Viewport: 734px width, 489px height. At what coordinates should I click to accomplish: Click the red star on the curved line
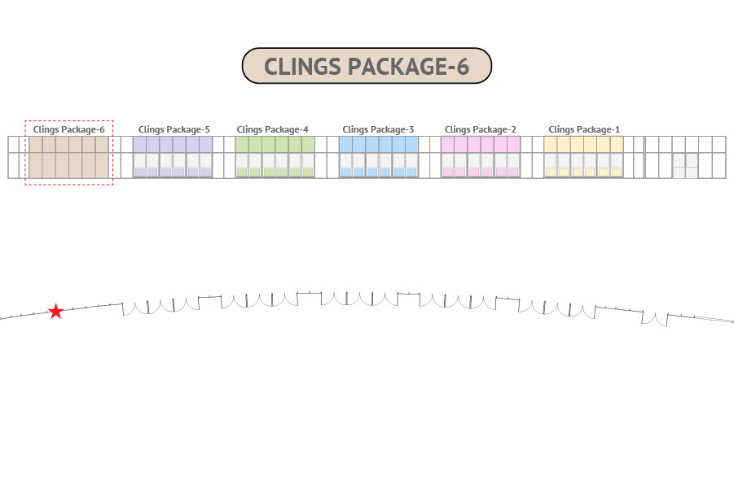tap(55, 311)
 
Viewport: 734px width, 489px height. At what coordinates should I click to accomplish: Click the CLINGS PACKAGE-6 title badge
tap(367, 65)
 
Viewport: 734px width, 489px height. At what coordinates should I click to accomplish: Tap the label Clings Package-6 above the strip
tap(68, 129)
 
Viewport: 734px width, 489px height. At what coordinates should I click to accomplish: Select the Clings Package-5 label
tap(174, 129)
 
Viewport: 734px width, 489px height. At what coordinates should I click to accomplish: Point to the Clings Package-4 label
tap(272, 129)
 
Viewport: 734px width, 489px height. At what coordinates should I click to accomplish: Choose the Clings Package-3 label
tap(378, 129)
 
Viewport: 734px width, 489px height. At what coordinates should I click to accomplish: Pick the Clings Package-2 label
tap(481, 129)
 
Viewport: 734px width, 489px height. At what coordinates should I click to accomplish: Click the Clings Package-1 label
tap(584, 129)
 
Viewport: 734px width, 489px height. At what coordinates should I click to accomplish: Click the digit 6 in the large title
tap(463, 67)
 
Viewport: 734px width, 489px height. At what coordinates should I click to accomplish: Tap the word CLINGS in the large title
tap(302, 67)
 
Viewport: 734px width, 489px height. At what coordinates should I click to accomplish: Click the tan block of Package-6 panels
tap(68, 157)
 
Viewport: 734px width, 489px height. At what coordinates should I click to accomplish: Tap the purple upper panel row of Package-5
tap(173, 145)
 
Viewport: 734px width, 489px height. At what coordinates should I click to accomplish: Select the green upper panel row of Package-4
tap(275, 145)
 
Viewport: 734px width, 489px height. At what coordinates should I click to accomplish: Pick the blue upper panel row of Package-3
tap(379, 145)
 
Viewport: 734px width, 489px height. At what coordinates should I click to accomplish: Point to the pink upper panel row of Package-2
tap(481, 145)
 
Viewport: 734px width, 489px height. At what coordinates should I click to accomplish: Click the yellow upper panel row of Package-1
tap(584, 145)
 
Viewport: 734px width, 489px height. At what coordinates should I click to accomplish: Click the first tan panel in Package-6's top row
tap(36, 145)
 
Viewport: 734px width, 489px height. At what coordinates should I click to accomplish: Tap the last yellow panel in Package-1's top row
tap(617, 145)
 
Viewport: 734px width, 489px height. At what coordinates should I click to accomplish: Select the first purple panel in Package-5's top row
tap(139, 145)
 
